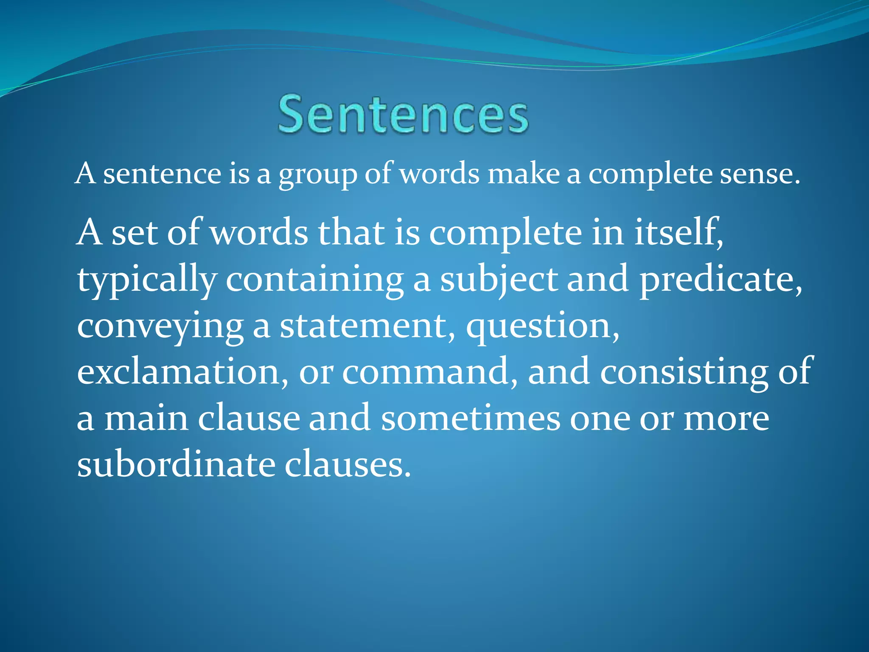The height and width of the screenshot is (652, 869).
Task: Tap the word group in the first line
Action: point(318,175)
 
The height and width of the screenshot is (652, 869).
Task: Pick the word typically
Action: point(147,280)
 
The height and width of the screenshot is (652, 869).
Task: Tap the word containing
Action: point(314,280)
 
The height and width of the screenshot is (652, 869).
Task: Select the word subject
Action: point(499,280)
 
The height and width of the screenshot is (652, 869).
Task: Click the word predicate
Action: point(720,280)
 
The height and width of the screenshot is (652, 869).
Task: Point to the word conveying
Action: point(160,327)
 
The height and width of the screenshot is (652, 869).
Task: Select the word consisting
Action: point(684,373)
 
